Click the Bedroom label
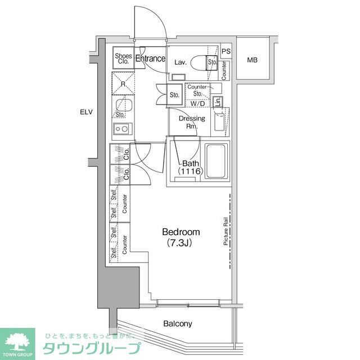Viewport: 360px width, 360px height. coord(181,232)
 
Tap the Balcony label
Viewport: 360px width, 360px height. coord(178,323)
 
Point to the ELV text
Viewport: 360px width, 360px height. coord(85,112)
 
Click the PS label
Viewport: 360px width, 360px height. coord(226,52)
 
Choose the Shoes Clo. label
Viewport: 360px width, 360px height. coord(123,58)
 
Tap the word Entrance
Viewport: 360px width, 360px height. coord(151,58)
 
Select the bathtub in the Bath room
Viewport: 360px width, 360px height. coord(217,163)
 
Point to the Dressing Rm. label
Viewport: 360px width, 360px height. coord(192,122)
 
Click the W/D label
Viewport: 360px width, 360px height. coord(197,103)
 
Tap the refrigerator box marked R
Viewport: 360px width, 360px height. coord(123,84)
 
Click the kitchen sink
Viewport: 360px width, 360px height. coord(123,106)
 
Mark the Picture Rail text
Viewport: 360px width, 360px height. coord(225,231)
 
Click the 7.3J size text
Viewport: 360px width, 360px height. coord(181,243)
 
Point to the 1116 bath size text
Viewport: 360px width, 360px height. coord(190,170)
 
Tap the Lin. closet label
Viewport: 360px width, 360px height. coord(217,102)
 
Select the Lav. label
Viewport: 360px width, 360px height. coord(180,62)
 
